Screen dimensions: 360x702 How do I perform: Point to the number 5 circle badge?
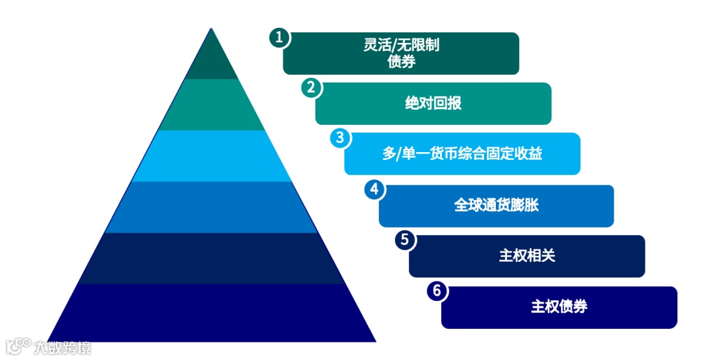click(405, 240)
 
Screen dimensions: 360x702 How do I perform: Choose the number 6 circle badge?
click(437, 290)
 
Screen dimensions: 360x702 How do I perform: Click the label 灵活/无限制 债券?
click(401, 53)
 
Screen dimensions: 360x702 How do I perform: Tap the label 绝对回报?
click(433, 103)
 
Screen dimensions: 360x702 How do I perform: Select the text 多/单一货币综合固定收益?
click(462, 154)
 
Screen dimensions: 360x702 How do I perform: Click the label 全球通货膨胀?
click(496, 205)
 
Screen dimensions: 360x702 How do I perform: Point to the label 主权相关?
click(526, 255)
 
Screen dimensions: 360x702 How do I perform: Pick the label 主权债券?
click(559, 307)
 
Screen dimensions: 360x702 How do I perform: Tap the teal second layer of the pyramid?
click(211, 105)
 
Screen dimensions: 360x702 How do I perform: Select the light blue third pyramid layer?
click(211, 156)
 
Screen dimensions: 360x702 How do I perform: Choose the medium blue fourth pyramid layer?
click(211, 207)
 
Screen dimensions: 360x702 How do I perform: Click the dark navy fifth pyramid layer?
click(211, 258)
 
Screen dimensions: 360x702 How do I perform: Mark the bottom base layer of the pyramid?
click(211, 313)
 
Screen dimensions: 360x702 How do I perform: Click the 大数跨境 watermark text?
click(62, 346)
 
